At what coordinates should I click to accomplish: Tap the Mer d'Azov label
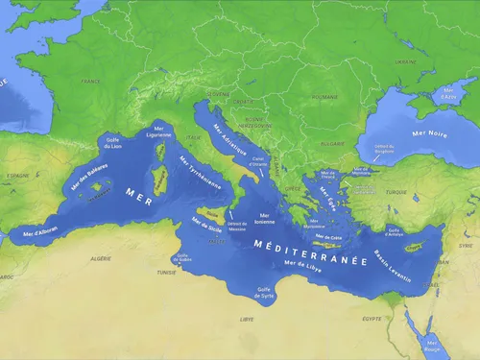[x=446, y=95]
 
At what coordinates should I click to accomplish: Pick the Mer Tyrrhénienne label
[x=200, y=173]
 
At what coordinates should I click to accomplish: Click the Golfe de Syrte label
[x=264, y=292]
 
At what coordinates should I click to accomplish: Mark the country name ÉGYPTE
[x=372, y=318]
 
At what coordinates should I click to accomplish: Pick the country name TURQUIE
[x=396, y=192]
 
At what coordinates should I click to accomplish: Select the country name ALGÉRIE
[x=100, y=259]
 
